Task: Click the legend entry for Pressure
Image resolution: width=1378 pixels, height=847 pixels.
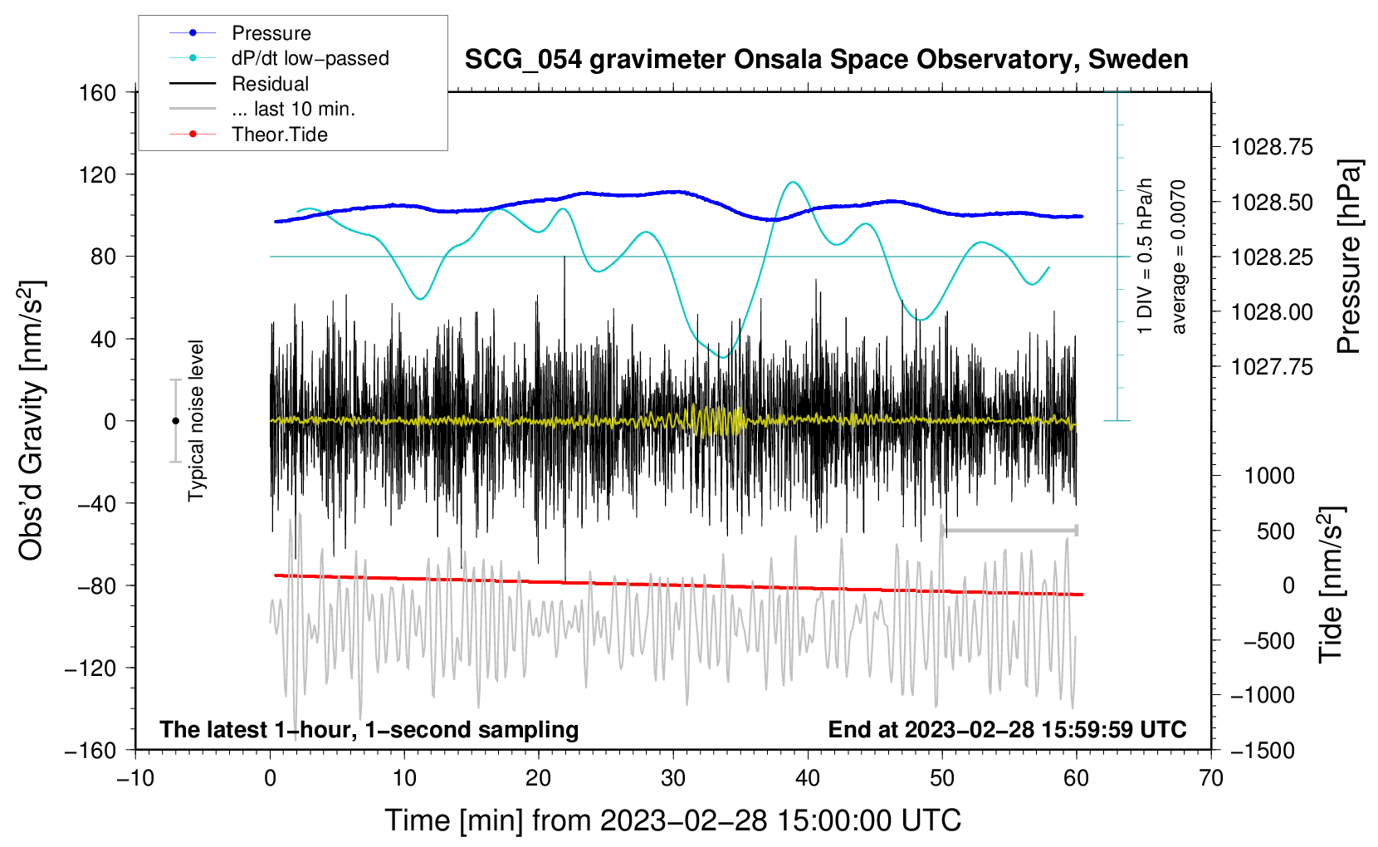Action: click(271, 33)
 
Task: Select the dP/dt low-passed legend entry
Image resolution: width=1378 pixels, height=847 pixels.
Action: click(310, 58)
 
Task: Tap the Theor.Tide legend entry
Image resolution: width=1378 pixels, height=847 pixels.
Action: click(279, 135)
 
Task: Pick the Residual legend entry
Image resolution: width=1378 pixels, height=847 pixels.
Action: click(270, 84)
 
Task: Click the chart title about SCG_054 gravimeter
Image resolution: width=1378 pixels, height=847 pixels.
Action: click(826, 60)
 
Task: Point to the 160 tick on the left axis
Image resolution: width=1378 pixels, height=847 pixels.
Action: click(98, 92)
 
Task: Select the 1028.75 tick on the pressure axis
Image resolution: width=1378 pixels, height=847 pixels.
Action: click(1272, 148)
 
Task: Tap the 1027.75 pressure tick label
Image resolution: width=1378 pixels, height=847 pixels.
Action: click(1272, 367)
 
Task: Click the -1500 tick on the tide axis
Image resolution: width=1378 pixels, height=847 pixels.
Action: click(1263, 750)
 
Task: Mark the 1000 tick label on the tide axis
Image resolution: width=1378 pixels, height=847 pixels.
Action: click(1269, 476)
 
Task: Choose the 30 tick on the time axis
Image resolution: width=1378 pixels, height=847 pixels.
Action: click(673, 778)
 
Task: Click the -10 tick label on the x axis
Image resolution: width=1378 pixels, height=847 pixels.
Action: click(135, 778)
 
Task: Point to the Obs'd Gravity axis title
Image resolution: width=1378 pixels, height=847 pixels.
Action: click(31, 420)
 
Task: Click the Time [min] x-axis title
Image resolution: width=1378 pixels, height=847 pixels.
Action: click(672, 820)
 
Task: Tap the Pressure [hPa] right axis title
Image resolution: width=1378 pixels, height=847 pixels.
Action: click(1349, 257)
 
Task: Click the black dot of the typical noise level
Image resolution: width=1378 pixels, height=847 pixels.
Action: click(175, 421)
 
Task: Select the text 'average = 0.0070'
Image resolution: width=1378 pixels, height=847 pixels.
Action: click(1179, 257)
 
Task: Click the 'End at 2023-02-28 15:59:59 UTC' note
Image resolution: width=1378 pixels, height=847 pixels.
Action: click(1007, 729)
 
